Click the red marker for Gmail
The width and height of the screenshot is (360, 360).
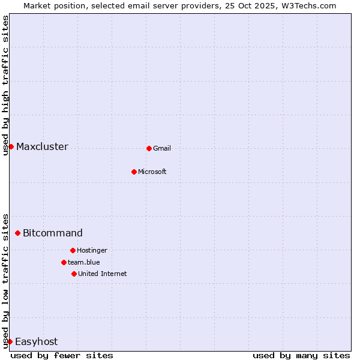[149, 148]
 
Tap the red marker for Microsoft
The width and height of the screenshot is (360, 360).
[134, 172]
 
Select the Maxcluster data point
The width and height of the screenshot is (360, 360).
[11, 146]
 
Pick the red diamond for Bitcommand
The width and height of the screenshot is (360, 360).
[17, 233]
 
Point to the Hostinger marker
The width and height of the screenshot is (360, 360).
[73, 250]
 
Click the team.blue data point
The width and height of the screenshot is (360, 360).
[64, 262]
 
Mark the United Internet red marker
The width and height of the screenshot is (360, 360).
[74, 274]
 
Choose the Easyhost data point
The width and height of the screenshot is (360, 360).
[10, 341]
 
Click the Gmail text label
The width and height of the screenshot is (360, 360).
[162, 149]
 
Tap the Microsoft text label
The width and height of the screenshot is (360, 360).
[152, 172]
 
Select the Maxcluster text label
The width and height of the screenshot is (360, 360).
[42, 147]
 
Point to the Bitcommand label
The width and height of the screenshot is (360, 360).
[53, 233]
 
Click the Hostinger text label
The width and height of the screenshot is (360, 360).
[92, 251]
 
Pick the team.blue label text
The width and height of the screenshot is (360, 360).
[84, 263]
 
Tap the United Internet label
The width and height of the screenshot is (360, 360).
[103, 274]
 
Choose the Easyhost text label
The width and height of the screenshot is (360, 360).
[36, 342]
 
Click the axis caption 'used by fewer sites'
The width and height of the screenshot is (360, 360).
[62, 356]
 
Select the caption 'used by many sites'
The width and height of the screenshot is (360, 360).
[301, 356]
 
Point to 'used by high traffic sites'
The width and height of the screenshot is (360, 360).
[6, 85]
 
